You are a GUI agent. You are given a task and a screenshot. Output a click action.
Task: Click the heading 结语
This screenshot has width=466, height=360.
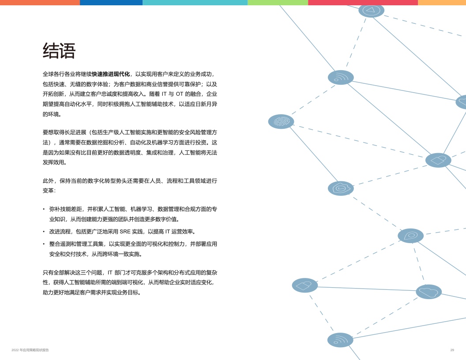point(59,51)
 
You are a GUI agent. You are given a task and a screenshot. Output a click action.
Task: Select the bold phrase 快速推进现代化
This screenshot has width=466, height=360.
point(111,74)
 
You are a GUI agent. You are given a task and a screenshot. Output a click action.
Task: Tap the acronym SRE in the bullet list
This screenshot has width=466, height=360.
point(125,232)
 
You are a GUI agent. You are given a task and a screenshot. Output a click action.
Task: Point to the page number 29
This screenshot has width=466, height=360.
point(452,350)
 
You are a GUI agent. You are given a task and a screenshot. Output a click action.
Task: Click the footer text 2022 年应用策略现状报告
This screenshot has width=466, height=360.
point(30,350)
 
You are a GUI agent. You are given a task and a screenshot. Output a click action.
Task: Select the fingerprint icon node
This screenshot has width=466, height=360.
point(281,121)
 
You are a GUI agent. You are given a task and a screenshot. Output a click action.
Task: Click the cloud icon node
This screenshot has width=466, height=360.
point(428,292)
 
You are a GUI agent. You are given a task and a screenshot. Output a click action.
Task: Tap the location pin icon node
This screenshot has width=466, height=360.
point(410,236)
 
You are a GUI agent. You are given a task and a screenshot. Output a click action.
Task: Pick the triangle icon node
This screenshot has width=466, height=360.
point(371,11)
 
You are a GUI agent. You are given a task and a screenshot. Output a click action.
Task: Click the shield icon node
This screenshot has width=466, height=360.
point(341,188)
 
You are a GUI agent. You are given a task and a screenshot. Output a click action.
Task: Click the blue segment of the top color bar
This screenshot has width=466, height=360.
point(111,2)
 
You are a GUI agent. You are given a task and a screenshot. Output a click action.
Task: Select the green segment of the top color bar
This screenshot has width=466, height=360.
point(278,2)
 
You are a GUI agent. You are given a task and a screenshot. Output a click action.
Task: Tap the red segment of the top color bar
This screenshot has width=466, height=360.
point(363,2)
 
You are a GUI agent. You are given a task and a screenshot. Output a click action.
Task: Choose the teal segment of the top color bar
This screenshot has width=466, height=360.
point(195,2)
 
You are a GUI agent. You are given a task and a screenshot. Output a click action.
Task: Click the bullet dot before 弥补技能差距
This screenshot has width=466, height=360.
point(44,210)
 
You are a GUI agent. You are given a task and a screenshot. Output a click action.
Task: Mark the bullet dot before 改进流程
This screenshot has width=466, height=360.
point(44,232)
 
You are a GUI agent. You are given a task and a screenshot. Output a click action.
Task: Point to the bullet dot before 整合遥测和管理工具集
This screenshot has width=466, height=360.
point(44,244)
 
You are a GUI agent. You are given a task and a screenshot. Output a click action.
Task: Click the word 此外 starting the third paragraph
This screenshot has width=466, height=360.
point(48,180)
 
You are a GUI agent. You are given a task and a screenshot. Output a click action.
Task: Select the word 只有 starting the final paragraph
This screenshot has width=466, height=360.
point(48,272)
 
